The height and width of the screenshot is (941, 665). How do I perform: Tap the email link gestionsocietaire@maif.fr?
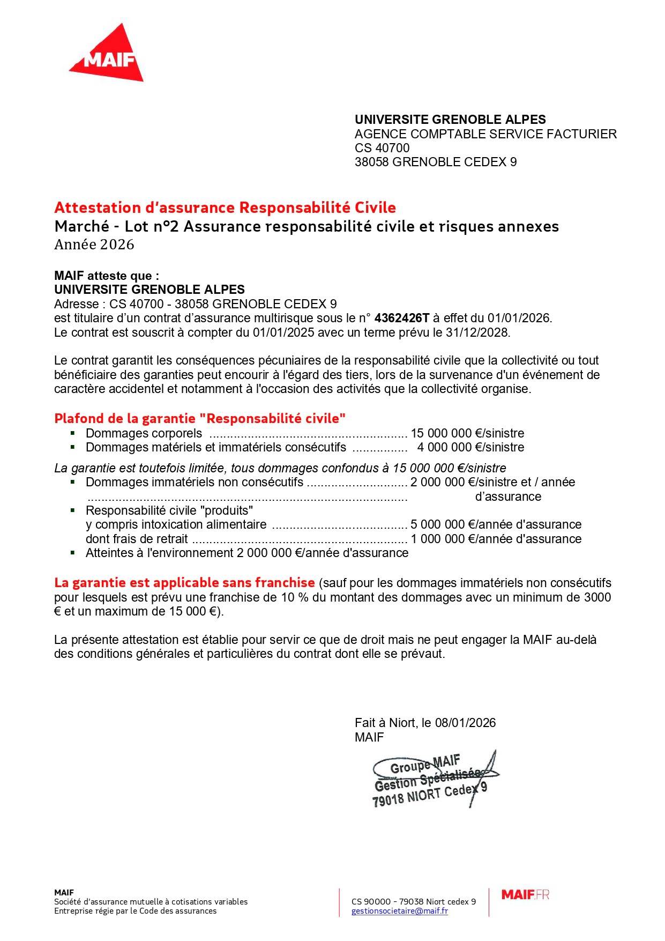pyautogui.click(x=399, y=910)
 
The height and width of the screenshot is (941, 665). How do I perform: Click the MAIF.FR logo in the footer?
pyautogui.click(x=525, y=894)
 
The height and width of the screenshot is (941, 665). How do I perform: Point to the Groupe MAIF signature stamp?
pyautogui.click(x=432, y=780)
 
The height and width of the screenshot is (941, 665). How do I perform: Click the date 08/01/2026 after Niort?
pyautogui.click(x=465, y=723)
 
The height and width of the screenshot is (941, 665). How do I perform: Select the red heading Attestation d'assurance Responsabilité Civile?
pyautogui.click(x=225, y=208)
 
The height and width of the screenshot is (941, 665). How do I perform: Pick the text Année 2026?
pyautogui.click(x=94, y=244)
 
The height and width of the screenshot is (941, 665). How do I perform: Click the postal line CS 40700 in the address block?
pyautogui.click(x=382, y=148)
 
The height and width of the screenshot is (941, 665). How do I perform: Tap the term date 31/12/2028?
pyautogui.click(x=477, y=332)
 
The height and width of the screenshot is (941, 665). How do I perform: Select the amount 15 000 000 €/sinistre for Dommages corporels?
pyautogui.click(x=467, y=433)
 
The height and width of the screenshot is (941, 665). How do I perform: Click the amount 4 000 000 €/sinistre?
pyautogui.click(x=470, y=447)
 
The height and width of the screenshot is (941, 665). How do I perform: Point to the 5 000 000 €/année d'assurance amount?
pyautogui.click(x=496, y=524)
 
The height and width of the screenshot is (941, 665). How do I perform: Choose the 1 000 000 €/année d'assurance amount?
pyautogui.click(x=496, y=539)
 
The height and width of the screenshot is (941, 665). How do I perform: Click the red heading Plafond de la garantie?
pyautogui.click(x=199, y=418)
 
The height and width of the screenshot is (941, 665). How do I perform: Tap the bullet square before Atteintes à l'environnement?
pyautogui.click(x=73, y=552)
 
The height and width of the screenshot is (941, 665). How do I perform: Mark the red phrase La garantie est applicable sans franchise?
pyautogui.click(x=184, y=583)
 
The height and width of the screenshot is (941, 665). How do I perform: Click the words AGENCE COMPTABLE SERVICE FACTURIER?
pyautogui.click(x=485, y=134)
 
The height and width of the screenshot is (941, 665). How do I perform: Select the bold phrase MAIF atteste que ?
pyautogui.click(x=107, y=276)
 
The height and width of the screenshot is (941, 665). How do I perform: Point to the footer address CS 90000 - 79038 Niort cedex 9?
pyautogui.click(x=414, y=901)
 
